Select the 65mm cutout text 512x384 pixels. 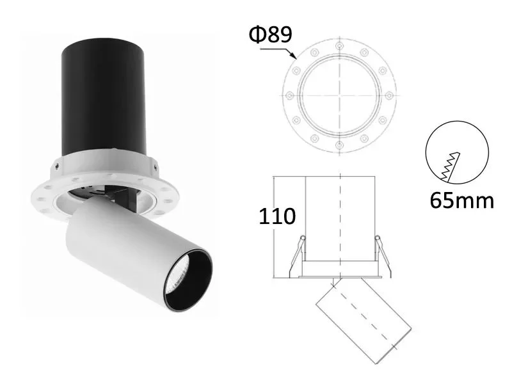pyautogui.click(x=461, y=200)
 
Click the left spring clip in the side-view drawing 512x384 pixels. pyautogui.click(x=296, y=256)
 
